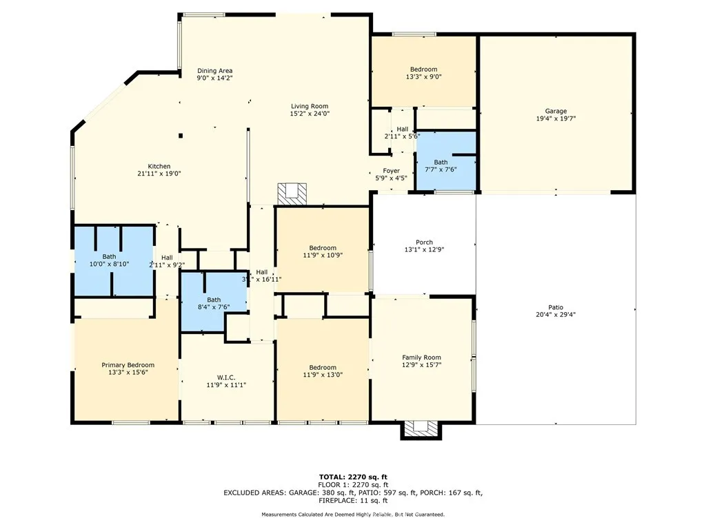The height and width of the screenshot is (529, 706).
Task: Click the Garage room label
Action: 556,111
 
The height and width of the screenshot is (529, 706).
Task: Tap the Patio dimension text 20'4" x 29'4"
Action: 556,315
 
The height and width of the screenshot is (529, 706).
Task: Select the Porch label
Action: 424,242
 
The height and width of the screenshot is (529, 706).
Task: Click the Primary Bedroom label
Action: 128,365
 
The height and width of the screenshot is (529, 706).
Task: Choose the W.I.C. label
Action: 226,377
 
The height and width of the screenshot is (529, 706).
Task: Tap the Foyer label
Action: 392,171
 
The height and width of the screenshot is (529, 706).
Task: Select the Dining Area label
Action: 214,71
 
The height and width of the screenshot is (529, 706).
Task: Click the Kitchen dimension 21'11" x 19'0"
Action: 159,174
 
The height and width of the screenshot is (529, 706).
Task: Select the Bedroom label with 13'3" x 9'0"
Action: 423,70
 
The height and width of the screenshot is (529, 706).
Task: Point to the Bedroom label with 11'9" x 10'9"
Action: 322,248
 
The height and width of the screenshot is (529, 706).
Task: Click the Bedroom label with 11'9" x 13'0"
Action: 322,367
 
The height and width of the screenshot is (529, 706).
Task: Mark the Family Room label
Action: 421,357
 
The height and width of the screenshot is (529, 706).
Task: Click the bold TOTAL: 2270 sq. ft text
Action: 352,477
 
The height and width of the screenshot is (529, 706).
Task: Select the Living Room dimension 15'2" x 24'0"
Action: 309,114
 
